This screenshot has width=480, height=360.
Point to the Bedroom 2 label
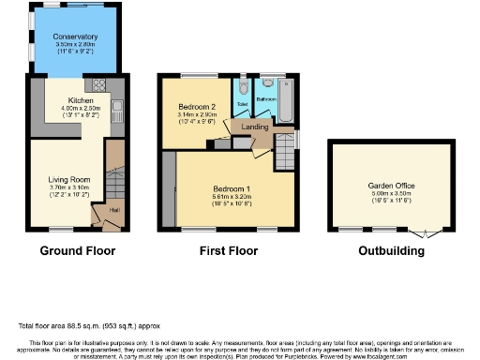[x=198, y=108]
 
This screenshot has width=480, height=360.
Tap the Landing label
[x=255, y=127]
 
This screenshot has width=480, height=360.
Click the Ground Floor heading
[x=77, y=251]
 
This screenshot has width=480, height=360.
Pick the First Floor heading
[x=228, y=251]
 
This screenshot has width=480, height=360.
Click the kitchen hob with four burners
[x=98, y=82]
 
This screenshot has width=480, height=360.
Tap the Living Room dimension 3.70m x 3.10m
[x=67, y=188]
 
